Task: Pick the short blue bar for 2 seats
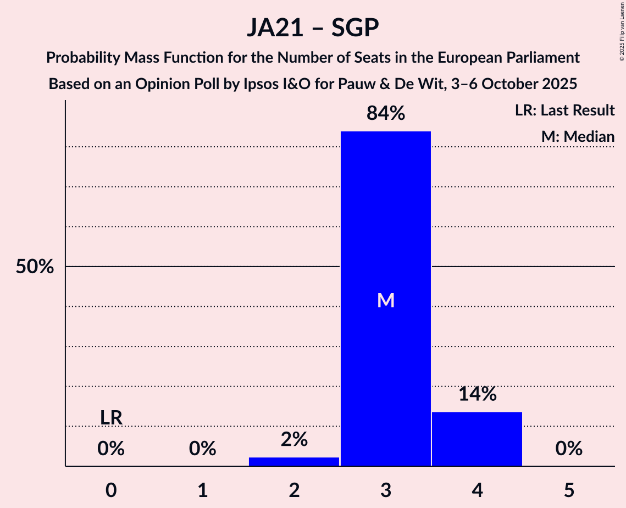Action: click(294, 461)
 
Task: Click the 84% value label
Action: click(386, 114)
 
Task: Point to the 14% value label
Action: click(477, 394)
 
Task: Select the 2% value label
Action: click(294, 439)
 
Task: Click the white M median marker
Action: click(386, 300)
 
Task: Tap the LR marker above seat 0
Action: click(111, 418)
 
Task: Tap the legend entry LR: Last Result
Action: click(565, 111)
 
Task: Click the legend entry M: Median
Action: click(578, 137)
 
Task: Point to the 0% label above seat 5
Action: click(569, 449)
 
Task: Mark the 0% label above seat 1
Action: click(203, 449)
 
